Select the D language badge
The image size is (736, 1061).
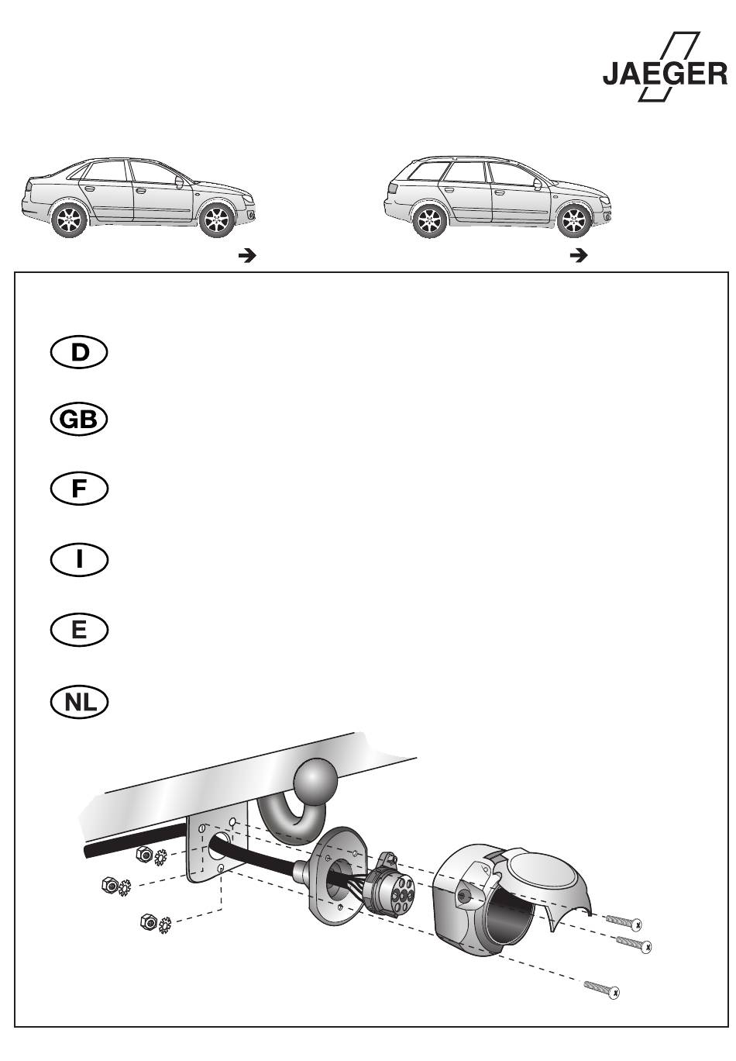click(x=78, y=352)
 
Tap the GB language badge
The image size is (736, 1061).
click(x=78, y=420)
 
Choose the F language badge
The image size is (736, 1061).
click(x=78, y=489)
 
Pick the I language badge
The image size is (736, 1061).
click(x=78, y=560)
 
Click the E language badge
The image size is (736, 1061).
click(x=78, y=630)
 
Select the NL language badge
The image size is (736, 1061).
click(x=78, y=702)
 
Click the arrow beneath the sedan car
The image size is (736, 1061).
click(x=246, y=254)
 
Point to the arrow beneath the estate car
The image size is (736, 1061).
click(x=578, y=254)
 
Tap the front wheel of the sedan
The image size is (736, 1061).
click(x=217, y=222)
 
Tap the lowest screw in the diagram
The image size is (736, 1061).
click(x=601, y=988)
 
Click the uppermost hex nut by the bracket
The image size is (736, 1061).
click(x=143, y=854)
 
